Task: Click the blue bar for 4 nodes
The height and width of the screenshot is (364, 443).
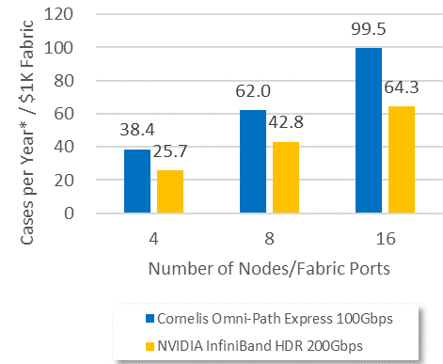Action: tap(136, 182)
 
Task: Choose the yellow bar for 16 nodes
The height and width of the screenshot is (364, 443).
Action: tap(402, 160)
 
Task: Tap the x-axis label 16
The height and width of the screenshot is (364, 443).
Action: tap(385, 237)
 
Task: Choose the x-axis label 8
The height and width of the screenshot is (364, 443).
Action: tap(271, 237)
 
